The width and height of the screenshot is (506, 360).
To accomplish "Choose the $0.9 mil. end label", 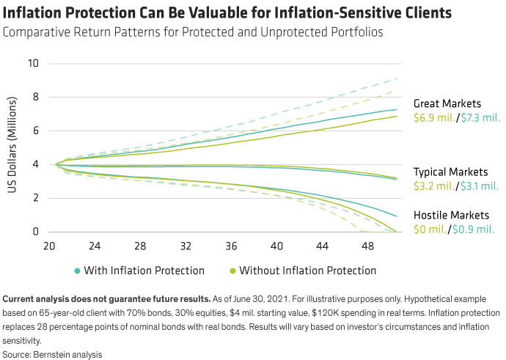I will point(474,229).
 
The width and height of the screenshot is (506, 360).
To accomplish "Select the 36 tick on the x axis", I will point(232,246).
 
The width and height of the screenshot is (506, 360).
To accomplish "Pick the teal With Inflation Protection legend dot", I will point(78,271).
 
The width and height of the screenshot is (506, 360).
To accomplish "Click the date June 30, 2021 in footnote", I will point(234,299).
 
